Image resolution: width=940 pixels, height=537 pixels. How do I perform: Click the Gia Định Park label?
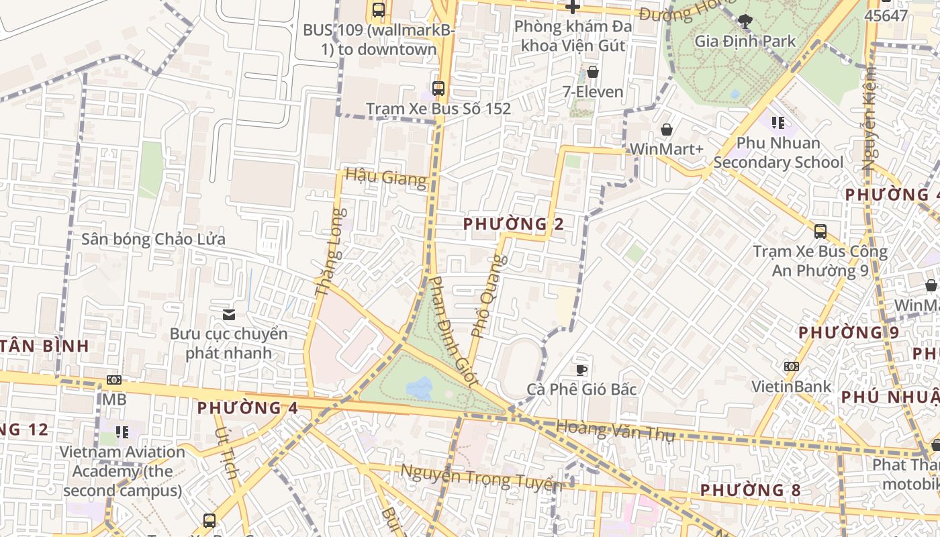(745, 41)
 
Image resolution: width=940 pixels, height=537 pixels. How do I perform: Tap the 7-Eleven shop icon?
(593, 72)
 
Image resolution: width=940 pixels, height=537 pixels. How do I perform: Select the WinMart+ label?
(667, 149)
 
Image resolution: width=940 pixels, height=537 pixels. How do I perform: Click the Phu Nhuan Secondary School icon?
(778, 122)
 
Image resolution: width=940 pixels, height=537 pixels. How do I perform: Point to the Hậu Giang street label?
(385, 178)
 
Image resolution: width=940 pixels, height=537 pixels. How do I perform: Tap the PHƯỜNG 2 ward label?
(513, 224)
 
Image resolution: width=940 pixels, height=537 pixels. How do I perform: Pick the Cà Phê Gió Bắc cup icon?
(581, 370)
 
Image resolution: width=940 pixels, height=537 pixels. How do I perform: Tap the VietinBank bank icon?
(791, 367)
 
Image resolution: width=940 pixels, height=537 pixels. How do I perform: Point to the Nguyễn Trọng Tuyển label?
(481, 478)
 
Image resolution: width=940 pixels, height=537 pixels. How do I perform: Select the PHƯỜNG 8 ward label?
(750, 490)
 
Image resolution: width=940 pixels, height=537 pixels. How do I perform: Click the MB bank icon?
(114, 380)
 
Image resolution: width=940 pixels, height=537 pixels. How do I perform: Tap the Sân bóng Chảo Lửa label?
(153, 239)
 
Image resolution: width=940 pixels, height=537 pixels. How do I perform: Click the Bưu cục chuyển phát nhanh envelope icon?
(229, 314)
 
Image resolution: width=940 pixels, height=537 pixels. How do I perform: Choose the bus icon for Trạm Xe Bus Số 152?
(438, 88)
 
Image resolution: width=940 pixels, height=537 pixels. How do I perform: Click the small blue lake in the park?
(420, 388)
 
